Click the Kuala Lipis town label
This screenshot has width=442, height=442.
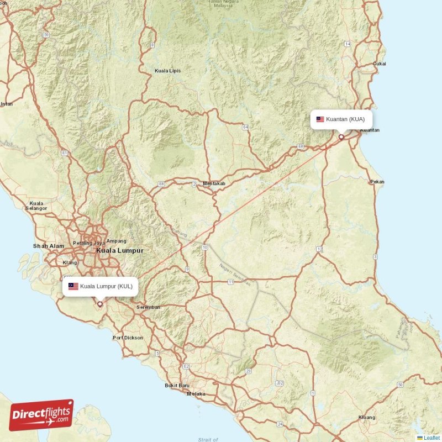pyautogui.click(x=167, y=71)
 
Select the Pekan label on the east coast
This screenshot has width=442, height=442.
pyautogui.click(x=377, y=182)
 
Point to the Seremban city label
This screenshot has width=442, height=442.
pyautogui.click(x=148, y=307)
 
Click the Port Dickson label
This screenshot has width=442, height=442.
pyautogui.click(x=128, y=338)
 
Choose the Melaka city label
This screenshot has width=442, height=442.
pyautogui.click(x=196, y=394)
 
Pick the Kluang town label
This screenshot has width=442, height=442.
pyautogui.click(x=367, y=417)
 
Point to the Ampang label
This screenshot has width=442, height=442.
pyautogui.click(x=116, y=241)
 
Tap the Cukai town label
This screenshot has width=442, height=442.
pyautogui.click(x=380, y=64)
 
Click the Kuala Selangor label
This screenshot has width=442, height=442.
pyautogui.click(x=36, y=206)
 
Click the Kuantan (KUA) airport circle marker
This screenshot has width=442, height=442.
pyautogui.click(x=341, y=136)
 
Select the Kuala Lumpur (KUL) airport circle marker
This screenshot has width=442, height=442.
pyautogui.click(x=100, y=303)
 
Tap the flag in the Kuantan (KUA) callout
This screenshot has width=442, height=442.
pyautogui.click(x=320, y=119)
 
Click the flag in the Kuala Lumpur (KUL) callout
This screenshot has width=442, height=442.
pyautogui.click(x=73, y=286)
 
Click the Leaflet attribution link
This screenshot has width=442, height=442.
pyautogui.click(x=432, y=438)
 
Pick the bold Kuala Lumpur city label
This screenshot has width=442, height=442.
pyautogui.click(x=120, y=250)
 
